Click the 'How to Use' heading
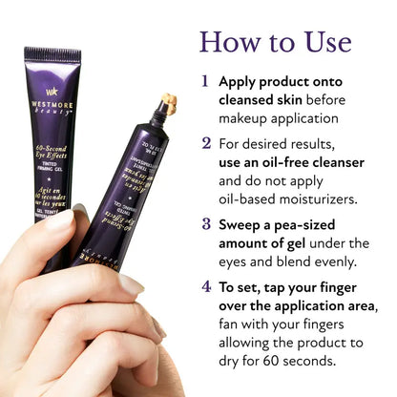coord(275,42)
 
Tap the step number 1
coord(206,82)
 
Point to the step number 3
coord(206,224)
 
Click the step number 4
coord(206,285)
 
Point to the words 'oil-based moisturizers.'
coord(296,198)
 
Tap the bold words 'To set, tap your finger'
coord(298,285)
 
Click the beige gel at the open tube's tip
coord(168,99)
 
